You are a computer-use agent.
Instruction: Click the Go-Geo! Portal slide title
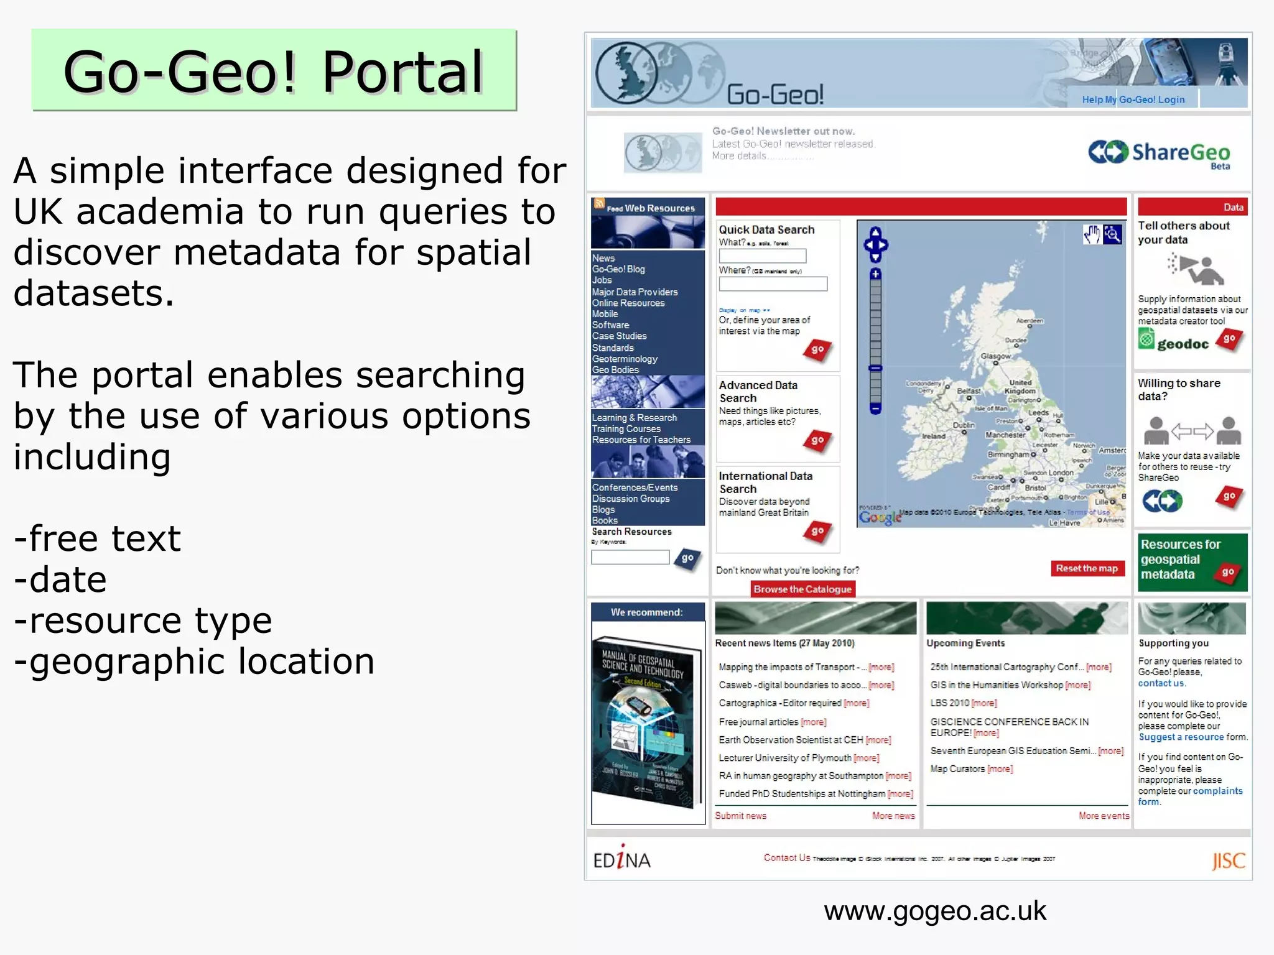click(274, 72)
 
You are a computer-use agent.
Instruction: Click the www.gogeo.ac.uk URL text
click(934, 911)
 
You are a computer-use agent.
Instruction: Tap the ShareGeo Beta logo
click(1160, 153)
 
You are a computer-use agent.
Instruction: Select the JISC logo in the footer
click(1228, 860)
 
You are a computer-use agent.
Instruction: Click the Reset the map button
click(1087, 568)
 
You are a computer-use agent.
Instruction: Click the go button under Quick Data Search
click(817, 350)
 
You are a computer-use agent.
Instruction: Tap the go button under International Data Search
click(817, 532)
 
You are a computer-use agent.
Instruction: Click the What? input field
click(762, 256)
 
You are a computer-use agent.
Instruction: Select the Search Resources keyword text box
click(630, 557)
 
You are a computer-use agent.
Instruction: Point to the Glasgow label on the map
click(995, 356)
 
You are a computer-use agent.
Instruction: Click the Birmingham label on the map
click(1008, 454)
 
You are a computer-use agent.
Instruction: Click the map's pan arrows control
click(875, 244)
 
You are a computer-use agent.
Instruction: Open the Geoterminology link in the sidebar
click(625, 359)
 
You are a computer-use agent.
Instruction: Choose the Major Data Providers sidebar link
click(635, 292)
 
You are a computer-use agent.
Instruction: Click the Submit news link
click(740, 816)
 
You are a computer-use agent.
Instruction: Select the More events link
click(1104, 816)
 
